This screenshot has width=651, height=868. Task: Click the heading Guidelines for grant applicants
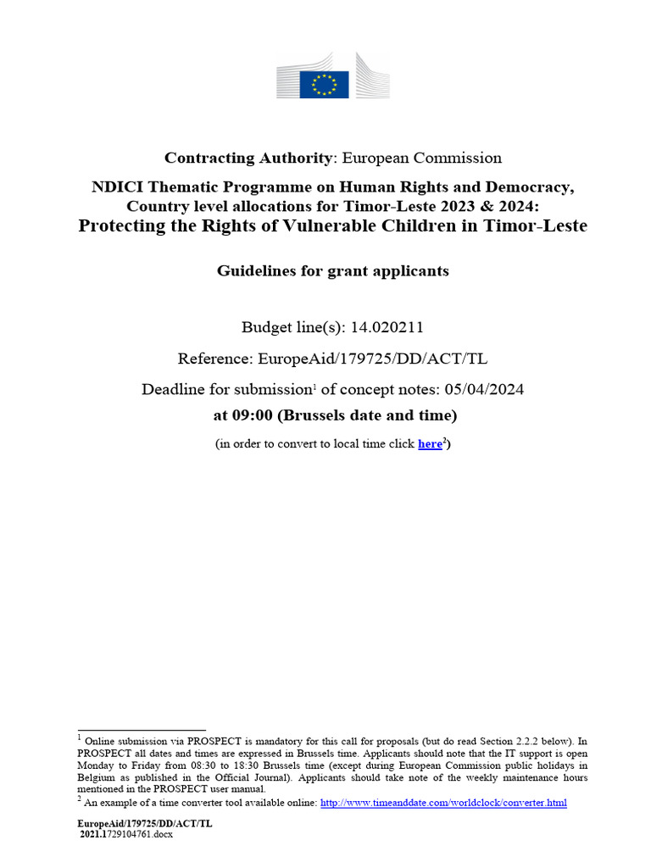[x=332, y=271]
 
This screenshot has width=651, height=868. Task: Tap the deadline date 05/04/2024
[x=498, y=389]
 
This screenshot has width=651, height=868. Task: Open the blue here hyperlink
[x=430, y=444]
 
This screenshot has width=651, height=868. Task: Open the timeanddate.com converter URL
[x=443, y=803]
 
